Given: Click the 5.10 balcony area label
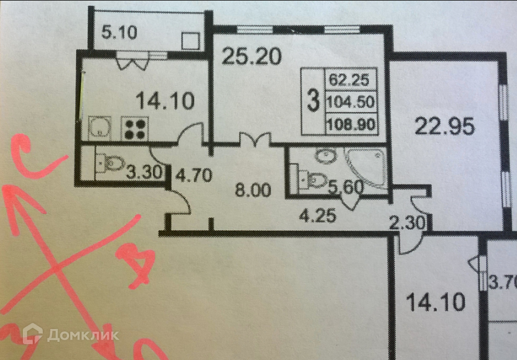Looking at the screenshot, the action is (119, 32).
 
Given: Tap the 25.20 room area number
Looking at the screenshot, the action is (252, 56).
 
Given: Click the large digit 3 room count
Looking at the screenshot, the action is (314, 101).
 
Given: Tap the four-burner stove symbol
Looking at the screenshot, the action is (135, 128).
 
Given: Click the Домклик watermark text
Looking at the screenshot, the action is (83, 335).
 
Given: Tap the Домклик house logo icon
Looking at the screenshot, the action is (33, 334).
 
